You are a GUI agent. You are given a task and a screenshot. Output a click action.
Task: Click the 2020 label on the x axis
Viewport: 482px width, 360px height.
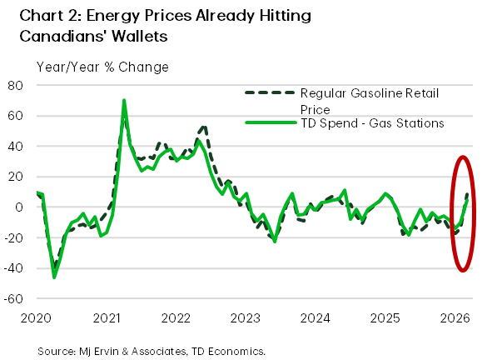37,318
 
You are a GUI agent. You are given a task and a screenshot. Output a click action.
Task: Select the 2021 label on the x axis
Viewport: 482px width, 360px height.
107,318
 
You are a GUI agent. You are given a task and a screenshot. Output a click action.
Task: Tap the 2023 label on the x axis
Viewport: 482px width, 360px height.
246,318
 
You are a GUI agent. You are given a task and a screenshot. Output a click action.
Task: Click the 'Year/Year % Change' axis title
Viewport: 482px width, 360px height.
102,67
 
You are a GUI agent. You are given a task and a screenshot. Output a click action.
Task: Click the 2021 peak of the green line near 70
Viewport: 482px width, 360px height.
124,101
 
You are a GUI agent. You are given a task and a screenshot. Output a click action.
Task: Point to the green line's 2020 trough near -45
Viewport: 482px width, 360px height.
55,277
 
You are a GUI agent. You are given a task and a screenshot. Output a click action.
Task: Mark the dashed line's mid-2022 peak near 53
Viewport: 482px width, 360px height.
203,127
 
